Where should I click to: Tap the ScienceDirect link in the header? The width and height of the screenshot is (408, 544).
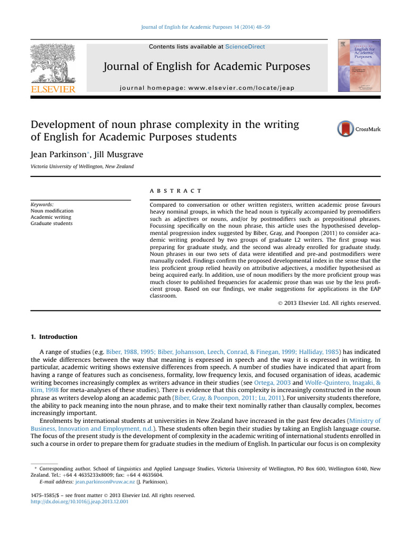coord(245,47)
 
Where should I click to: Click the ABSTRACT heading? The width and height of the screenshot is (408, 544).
coord(176,191)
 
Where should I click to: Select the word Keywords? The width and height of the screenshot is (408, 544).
coord(42,204)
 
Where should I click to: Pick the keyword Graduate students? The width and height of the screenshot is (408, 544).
coord(52,224)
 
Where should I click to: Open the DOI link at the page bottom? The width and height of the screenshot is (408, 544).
coord(80,501)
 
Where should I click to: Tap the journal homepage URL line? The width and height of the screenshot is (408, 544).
coord(207,88)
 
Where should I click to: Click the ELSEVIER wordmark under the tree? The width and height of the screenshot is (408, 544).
coord(53,89)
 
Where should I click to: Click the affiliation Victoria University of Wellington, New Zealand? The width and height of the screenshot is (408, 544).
coord(82,166)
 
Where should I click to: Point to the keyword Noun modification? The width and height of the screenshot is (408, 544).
coord(52,211)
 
